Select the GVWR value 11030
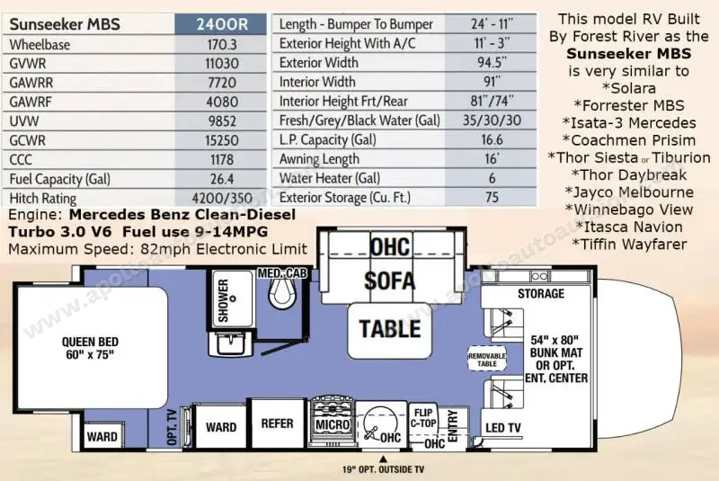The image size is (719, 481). [222, 63]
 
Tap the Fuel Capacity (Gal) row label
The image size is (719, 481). [59, 179]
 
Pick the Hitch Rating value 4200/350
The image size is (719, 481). [222, 198]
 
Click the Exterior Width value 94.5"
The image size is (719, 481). [492, 62]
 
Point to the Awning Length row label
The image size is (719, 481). [319, 159]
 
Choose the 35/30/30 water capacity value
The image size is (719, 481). [492, 120]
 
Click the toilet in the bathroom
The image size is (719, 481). [281, 293]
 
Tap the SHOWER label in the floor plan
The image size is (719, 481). [223, 300]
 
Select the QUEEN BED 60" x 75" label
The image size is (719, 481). [91, 348]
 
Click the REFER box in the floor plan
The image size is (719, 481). [278, 423]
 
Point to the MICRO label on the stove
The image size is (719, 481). [333, 424]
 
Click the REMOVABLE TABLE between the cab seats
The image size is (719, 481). [487, 360]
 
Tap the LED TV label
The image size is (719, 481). [503, 428]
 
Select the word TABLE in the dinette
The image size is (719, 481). [390, 329]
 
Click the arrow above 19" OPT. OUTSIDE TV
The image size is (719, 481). [383, 459]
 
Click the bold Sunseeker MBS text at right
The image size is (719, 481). [628, 54]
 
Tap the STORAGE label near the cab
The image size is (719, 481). [541, 293]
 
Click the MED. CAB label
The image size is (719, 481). [282, 273]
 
